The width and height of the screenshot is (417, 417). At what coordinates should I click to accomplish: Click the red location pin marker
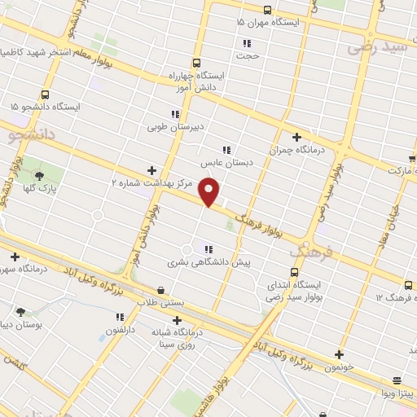[x=209, y=191]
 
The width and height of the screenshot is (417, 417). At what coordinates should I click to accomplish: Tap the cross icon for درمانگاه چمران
[x=296, y=137]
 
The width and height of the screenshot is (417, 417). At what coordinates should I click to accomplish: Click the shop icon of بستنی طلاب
[x=160, y=289]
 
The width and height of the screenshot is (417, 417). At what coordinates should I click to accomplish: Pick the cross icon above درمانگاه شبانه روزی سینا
[x=177, y=320]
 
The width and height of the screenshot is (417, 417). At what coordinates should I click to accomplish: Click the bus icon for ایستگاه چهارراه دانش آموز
[x=196, y=63]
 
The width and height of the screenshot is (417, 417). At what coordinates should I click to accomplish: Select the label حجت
[x=248, y=56]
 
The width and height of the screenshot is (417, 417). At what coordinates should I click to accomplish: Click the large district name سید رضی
[x=379, y=47]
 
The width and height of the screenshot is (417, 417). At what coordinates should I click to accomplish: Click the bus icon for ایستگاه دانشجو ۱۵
[x=45, y=94]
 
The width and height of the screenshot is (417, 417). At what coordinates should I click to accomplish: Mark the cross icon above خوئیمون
[x=339, y=354]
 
